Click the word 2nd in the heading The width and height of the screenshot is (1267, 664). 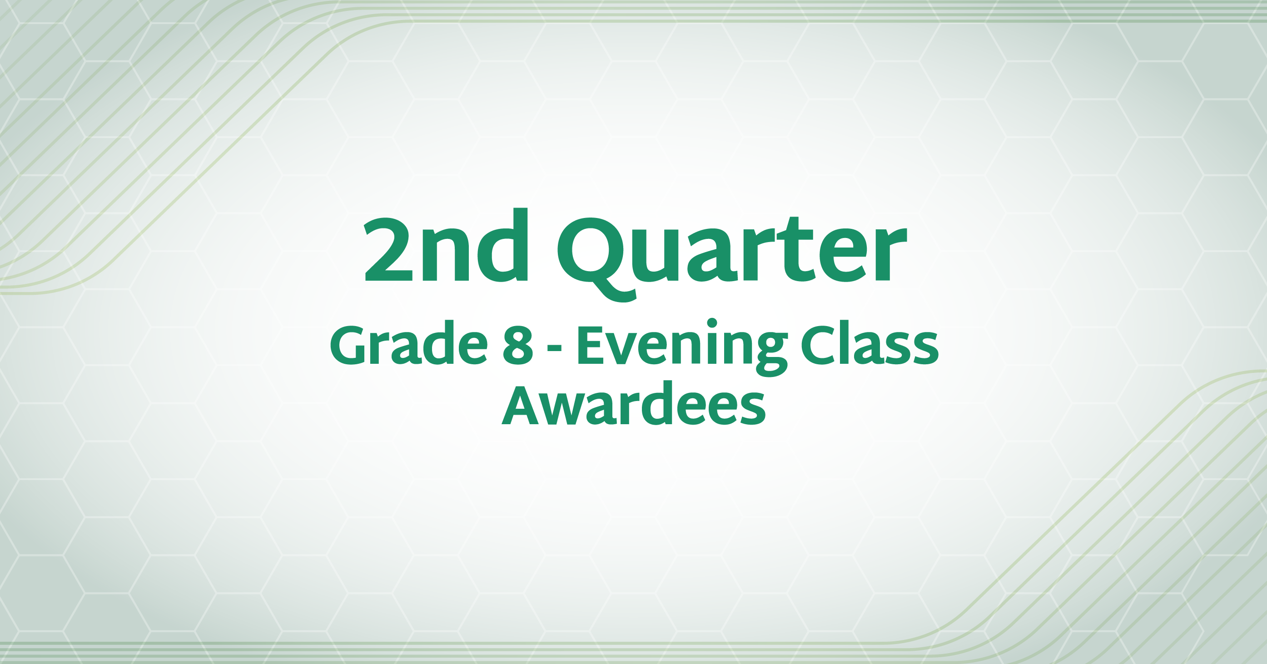[446, 245]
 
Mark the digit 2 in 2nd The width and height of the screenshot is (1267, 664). [388, 250]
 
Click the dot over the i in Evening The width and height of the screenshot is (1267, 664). [712, 323]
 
